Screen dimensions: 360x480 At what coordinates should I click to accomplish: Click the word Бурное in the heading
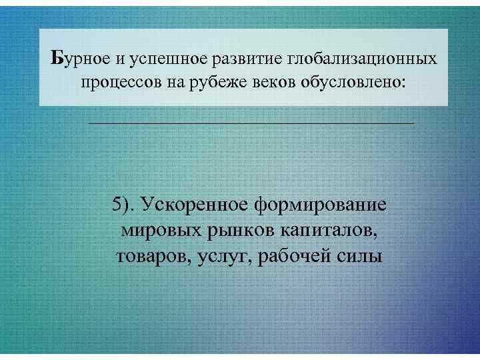point(79,59)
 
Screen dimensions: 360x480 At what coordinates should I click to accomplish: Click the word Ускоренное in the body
point(193,205)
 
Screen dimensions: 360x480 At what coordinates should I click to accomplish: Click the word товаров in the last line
point(154,255)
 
